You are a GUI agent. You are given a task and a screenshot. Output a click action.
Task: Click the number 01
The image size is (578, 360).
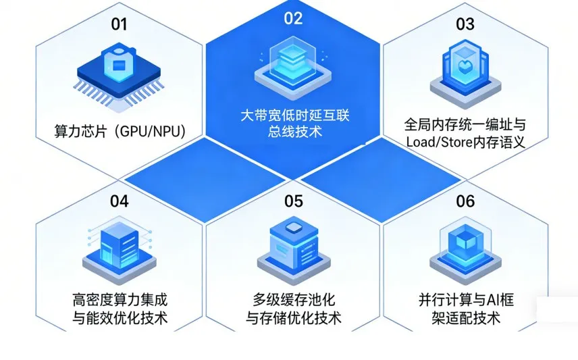(x=119, y=24)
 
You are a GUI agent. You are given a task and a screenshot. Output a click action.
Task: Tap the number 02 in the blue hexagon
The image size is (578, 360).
(x=293, y=18)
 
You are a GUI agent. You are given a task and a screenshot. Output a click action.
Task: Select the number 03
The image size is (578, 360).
(x=465, y=24)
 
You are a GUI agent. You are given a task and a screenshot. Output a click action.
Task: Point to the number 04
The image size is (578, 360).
(x=119, y=201)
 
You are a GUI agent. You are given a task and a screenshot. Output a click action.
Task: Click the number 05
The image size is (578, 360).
(x=293, y=201)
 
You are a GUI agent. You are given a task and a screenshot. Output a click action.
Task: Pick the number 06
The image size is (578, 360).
(x=465, y=201)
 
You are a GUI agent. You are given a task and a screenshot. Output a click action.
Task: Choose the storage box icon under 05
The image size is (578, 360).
(x=293, y=243)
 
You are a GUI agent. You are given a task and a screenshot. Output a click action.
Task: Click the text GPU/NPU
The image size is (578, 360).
(x=150, y=130)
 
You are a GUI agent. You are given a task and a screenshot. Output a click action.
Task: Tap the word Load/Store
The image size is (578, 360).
(x=439, y=142)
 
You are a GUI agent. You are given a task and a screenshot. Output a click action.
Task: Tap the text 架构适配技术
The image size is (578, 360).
(x=466, y=317)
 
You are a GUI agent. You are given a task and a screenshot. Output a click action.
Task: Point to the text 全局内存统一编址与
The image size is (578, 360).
(x=465, y=124)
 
